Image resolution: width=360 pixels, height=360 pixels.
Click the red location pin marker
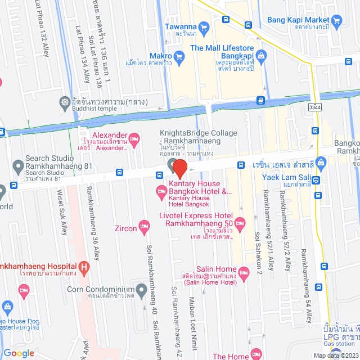(179, 168)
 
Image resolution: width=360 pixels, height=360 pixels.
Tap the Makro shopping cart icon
(179, 56)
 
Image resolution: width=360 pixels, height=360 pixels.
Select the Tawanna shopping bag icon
(204, 26)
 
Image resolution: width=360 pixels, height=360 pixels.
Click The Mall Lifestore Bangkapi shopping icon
(261, 55)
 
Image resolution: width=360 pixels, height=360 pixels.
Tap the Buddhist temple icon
(64, 103)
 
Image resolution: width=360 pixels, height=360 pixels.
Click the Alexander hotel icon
(134, 137)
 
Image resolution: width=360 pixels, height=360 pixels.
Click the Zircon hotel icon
(144, 228)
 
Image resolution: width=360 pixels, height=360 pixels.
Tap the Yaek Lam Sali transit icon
(316, 181)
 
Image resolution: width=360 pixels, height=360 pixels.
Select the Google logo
(19, 353)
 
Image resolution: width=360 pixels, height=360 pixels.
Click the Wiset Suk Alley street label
(61, 208)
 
